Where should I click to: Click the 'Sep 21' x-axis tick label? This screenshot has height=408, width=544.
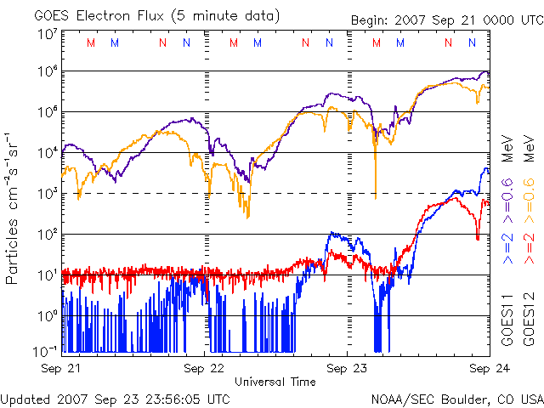[x=62, y=369]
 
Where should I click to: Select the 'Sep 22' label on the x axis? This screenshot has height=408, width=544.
[x=205, y=369]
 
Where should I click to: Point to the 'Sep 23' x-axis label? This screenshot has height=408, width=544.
[x=348, y=369]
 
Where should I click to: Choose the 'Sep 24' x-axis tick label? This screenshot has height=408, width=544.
[x=490, y=369]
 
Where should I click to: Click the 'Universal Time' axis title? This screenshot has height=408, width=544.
[x=275, y=382]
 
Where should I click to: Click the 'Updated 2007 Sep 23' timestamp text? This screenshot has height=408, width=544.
[x=116, y=398]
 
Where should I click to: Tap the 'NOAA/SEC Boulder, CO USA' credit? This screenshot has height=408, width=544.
[x=456, y=398]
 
